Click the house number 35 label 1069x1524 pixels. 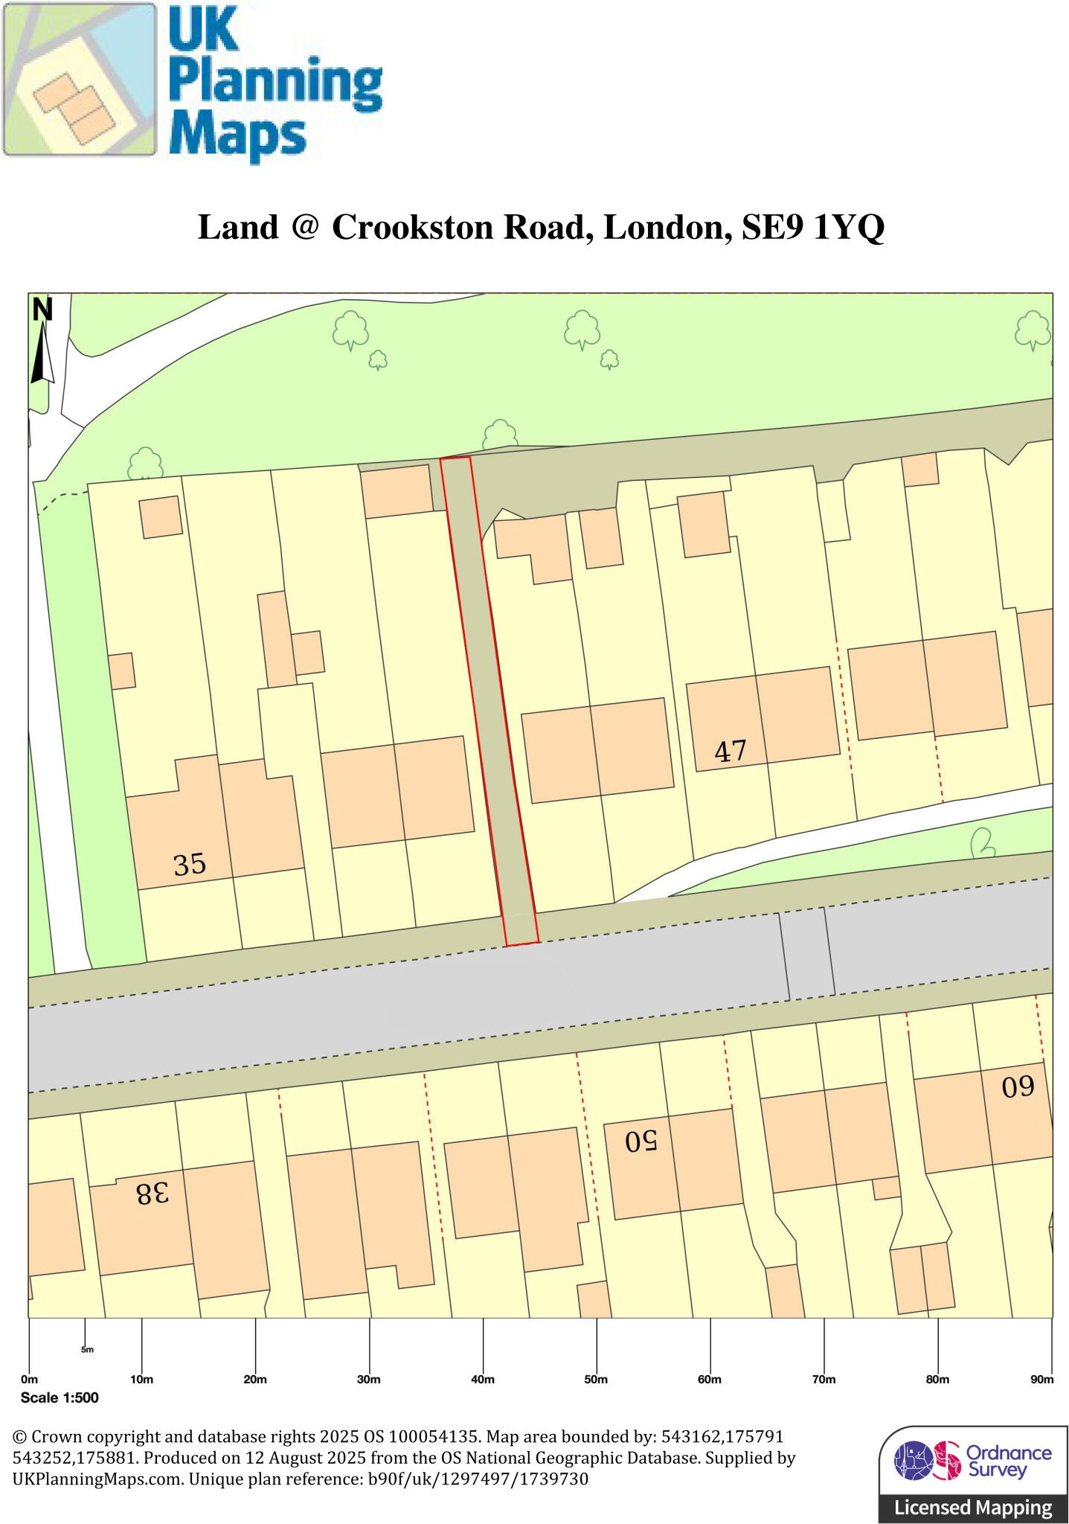point(189,865)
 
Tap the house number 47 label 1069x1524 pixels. point(730,752)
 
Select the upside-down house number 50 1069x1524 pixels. point(641,1141)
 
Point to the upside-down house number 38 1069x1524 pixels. point(153,1194)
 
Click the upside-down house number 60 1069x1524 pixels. point(1018,1088)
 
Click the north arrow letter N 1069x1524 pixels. point(43,310)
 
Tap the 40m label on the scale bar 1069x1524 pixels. point(483,1379)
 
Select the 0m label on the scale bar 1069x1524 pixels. point(29,1379)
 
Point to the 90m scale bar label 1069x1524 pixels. point(1041,1379)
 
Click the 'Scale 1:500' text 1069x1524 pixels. point(60,1397)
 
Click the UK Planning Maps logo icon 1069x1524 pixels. point(79,79)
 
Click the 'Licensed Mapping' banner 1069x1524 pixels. point(973,1508)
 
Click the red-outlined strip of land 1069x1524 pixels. point(489,699)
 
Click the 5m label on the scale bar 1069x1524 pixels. point(87,1349)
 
